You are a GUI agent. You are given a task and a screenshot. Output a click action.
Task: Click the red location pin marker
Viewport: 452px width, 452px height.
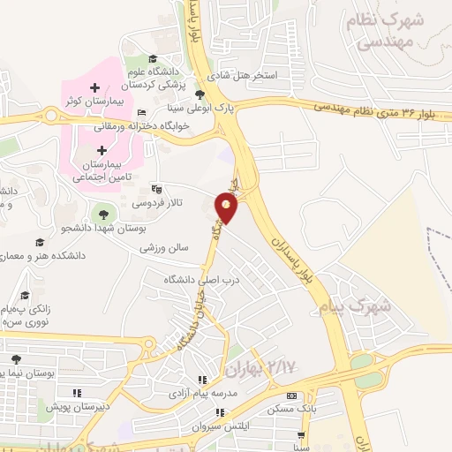click(227, 209)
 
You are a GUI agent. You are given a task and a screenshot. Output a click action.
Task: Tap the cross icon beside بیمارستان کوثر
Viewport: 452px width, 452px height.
click(96, 87)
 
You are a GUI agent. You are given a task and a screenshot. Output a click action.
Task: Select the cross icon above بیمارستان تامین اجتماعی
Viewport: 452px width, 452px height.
click(102, 150)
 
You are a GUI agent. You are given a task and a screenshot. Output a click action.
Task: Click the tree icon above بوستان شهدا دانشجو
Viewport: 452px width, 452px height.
click(103, 214)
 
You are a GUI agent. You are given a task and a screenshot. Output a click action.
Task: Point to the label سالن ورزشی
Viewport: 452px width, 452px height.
click(165, 248)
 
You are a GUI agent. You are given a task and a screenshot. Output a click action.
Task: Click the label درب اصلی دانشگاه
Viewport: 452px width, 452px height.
click(202, 280)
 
